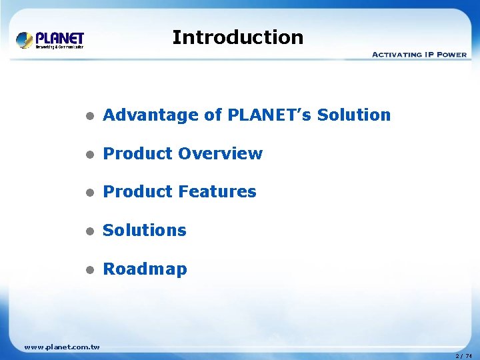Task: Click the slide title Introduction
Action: (x=237, y=37)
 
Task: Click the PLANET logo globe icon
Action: (x=25, y=40)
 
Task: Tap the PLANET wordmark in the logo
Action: (x=59, y=37)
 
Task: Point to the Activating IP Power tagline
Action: (x=419, y=54)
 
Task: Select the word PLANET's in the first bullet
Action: (x=269, y=115)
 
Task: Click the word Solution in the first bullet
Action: (x=354, y=115)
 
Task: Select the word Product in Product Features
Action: (x=137, y=192)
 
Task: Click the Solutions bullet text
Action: (x=145, y=231)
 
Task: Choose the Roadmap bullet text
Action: (x=145, y=269)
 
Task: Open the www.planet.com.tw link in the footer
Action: (x=61, y=347)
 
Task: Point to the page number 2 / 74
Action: (x=463, y=356)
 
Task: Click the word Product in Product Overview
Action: (x=137, y=154)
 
